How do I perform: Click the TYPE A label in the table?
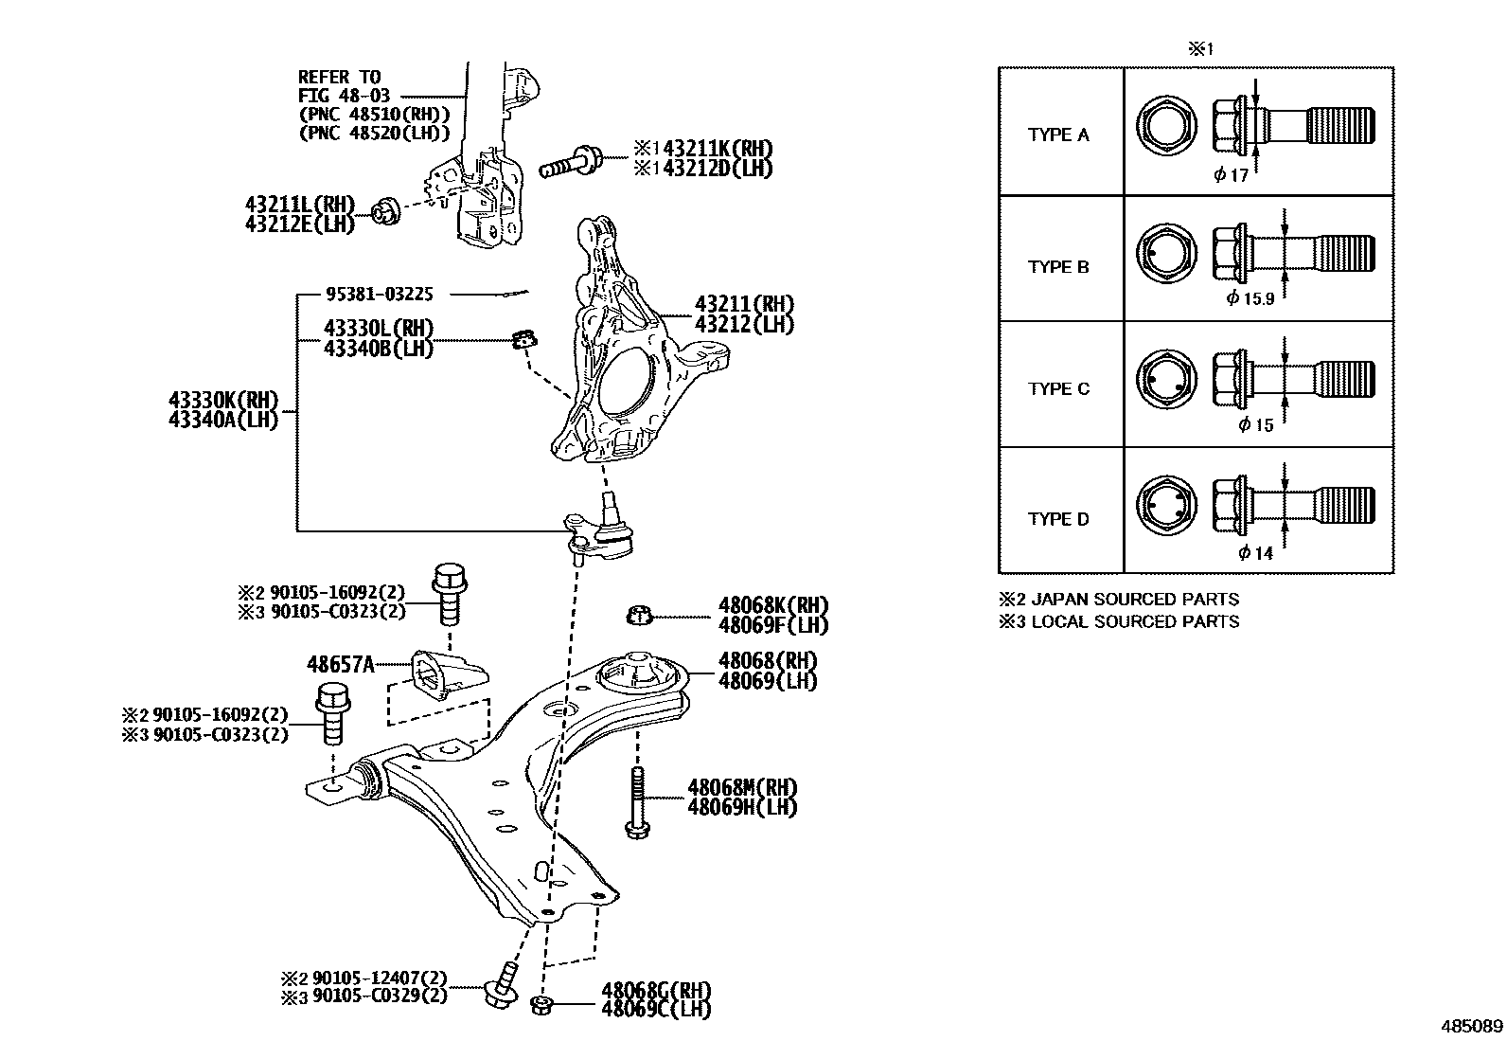tap(1058, 135)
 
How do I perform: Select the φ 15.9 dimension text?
tap(1250, 298)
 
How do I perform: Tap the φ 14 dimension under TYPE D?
tap(1256, 553)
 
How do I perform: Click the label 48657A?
tap(340, 664)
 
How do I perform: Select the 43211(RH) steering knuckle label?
tap(744, 304)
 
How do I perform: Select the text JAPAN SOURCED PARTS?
tap(1134, 599)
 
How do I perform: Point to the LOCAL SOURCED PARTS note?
tap(1134, 621)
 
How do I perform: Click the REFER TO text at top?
tap(339, 77)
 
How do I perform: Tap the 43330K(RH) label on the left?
tap(223, 399)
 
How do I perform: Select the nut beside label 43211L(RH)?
tap(385, 211)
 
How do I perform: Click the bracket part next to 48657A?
tap(447, 673)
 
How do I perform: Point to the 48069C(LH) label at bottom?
tap(655, 1010)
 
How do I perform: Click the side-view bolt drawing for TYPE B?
tap(1292, 253)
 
